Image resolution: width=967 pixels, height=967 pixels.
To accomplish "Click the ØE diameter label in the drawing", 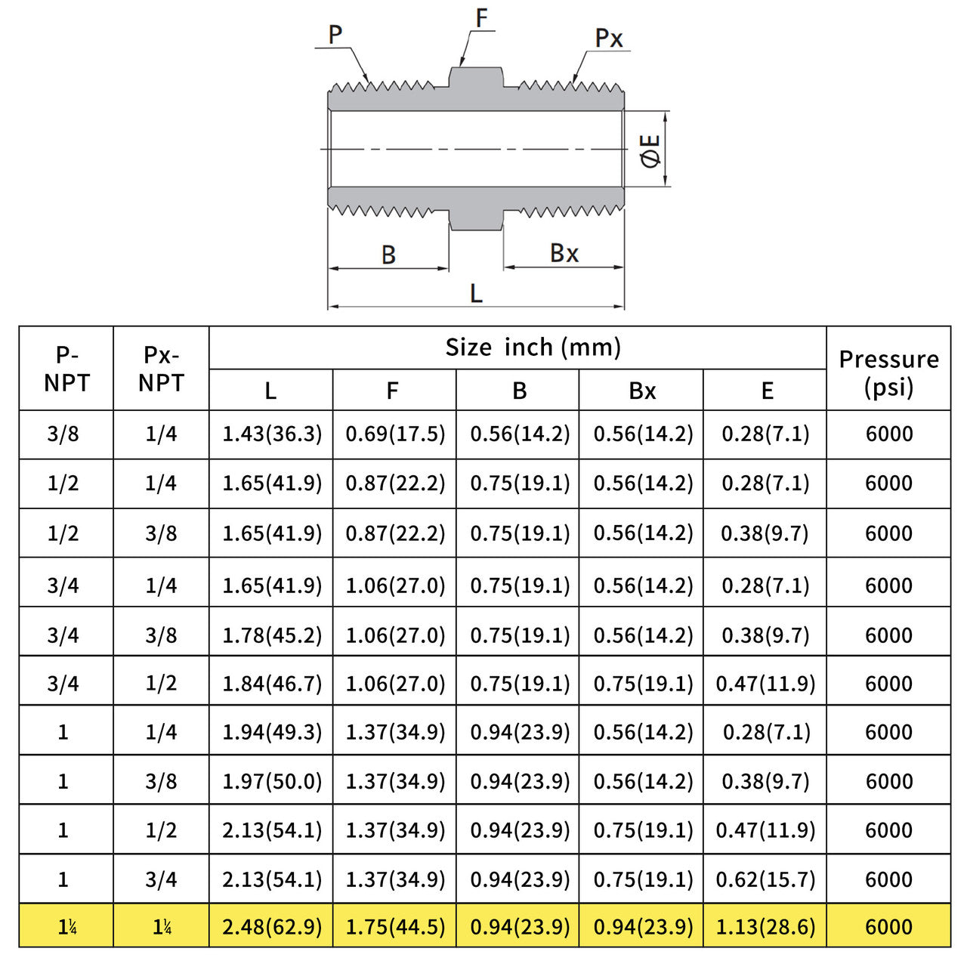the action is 651,150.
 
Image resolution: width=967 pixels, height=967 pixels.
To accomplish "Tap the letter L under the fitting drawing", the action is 476,293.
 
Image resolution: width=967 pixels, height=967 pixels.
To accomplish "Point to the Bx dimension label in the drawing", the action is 564,253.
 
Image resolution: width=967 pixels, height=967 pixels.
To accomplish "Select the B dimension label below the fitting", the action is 388,255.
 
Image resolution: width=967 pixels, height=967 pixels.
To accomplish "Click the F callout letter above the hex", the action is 481,19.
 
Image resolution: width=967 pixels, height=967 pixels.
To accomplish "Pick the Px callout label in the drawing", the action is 608,38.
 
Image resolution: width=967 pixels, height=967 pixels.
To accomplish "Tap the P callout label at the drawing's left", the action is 335,35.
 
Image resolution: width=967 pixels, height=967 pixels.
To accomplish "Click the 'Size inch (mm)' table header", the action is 533,348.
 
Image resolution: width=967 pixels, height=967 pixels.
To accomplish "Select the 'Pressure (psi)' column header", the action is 888,373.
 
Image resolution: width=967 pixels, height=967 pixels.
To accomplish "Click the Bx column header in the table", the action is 642,391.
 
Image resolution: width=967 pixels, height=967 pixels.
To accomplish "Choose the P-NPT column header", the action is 66,369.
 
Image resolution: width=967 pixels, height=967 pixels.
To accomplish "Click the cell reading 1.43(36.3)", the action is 271,434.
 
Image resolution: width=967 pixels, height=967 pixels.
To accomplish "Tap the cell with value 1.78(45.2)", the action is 271,635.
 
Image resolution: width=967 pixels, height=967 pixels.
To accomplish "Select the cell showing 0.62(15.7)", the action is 765,879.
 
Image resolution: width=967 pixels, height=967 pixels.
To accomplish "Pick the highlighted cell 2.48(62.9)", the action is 271,926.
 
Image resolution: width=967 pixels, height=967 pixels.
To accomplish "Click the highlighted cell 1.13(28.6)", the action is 765,926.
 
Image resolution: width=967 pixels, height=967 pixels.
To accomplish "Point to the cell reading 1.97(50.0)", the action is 271,781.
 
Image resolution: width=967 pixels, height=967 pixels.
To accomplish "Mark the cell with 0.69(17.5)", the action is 395,434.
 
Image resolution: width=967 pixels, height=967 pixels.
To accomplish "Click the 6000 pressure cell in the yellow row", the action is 888,926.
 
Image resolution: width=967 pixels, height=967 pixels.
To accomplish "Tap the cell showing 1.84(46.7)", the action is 271,684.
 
